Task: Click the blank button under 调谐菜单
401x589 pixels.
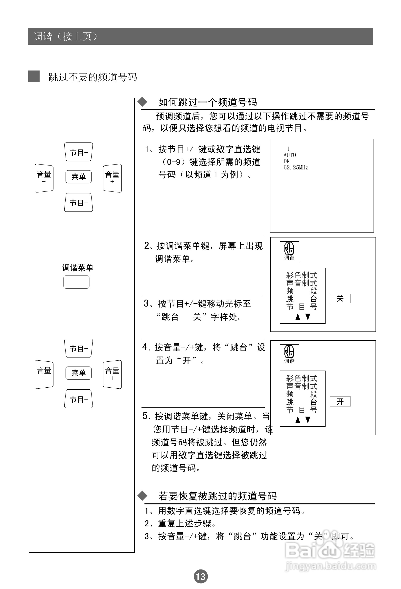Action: coord(76,282)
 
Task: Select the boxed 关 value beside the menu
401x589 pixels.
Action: coord(340,299)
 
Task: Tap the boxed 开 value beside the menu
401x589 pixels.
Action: coord(340,401)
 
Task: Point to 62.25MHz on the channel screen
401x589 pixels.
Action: coord(296,167)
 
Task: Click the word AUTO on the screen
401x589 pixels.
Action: coord(290,155)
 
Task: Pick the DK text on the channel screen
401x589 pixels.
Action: coord(286,162)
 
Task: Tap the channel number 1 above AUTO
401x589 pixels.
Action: coord(288,149)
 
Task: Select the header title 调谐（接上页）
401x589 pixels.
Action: coord(65,37)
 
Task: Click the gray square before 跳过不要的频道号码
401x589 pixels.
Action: coord(34,76)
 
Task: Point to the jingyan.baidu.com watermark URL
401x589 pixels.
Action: coord(330,566)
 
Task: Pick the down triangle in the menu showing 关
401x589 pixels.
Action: coord(308,317)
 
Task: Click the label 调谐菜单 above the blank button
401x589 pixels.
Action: coord(78,268)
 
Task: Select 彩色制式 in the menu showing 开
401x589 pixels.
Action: coord(302,378)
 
